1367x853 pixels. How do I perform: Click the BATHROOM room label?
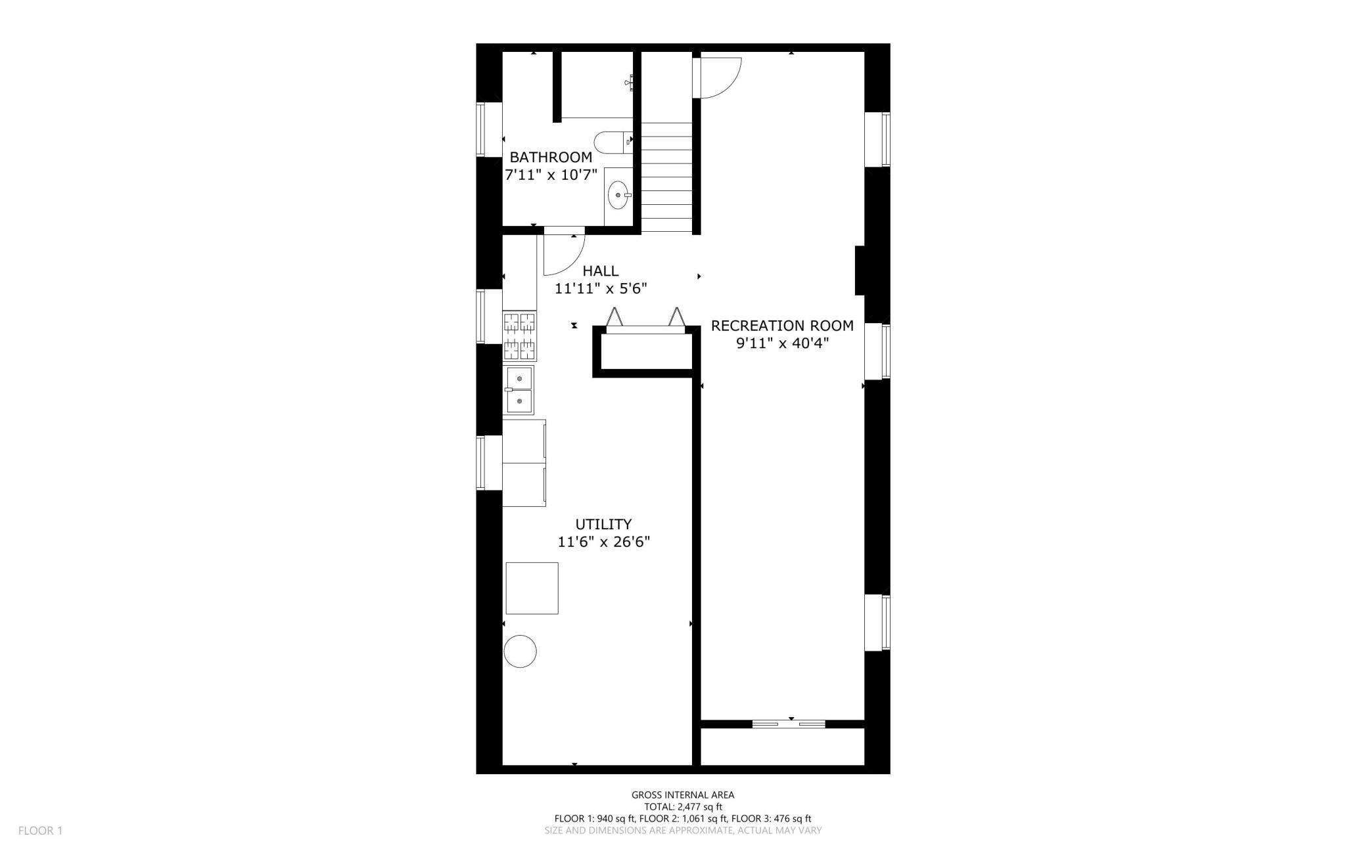tap(551, 158)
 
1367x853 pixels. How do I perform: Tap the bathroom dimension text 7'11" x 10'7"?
tap(551, 175)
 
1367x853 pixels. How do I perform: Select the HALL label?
tap(601, 271)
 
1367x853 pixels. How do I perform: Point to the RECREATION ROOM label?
tap(782, 326)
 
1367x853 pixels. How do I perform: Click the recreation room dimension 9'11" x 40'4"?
tap(782, 343)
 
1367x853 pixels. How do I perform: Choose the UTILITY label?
tap(603, 525)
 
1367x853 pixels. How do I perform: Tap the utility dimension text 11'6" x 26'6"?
tap(603, 542)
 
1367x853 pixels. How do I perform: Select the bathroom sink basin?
tap(618, 194)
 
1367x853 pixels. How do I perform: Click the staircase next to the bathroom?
tap(666, 176)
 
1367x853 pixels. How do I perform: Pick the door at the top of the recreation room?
tap(718, 77)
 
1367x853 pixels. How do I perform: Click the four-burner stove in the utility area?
tap(520, 336)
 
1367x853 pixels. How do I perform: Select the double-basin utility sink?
tap(519, 390)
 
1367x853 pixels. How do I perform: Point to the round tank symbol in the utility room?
tap(520, 651)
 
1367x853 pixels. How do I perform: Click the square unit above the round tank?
tap(532, 588)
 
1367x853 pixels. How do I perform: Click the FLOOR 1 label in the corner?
tap(40, 831)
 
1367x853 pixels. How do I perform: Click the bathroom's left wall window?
tap(480, 130)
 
